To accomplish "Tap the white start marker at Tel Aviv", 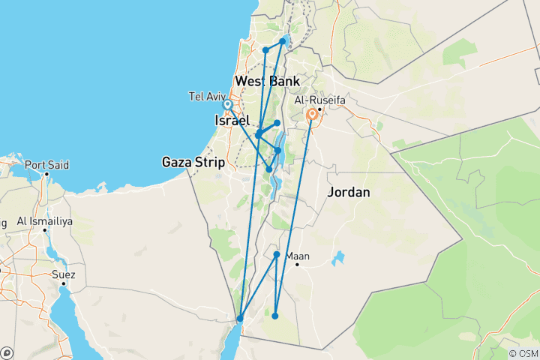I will [227, 104].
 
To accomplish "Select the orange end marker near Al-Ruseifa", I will [310, 115].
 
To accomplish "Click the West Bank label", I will [267, 81].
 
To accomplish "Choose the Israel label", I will [231, 121].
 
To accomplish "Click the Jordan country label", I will [349, 192].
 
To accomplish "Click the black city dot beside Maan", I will [298, 264].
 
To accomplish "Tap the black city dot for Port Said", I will [46, 174].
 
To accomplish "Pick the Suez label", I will [64, 274].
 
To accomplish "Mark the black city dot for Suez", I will [64, 283].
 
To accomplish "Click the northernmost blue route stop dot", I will [283, 41].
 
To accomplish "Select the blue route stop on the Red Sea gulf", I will [240, 319].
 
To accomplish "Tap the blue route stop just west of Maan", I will [277, 255].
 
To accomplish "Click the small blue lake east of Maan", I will [339, 260].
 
